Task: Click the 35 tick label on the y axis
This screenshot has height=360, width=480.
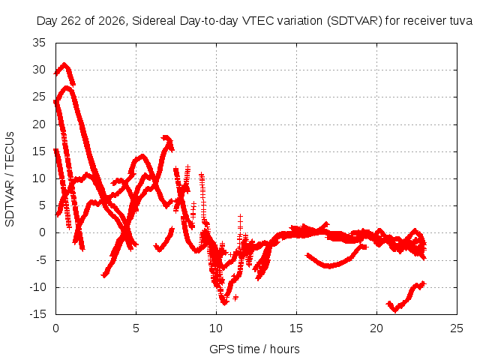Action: (x=39, y=43)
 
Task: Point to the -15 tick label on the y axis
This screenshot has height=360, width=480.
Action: (x=38, y=314)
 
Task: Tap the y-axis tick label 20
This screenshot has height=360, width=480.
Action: (x=39, y=124)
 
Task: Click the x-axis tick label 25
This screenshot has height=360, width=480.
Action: (x=457, y=328)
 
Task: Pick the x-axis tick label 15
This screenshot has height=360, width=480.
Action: (x=296, y=328)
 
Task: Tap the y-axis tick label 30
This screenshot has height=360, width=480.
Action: (x=39, y=70)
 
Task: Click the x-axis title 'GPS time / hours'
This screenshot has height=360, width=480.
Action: (x=254, y=349)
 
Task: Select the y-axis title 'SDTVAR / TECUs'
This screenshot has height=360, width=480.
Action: (x=10, y=179)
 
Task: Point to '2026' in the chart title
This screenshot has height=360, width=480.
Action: (x=112, y=21)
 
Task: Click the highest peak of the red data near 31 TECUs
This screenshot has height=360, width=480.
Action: (x=64, y=64)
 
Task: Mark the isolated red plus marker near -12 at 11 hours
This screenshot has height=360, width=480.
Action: (x=235, y=297)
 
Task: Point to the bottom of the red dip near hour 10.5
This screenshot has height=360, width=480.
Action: (x=225, y=303)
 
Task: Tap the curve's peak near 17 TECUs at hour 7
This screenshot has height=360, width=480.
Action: (x=166, y=138)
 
